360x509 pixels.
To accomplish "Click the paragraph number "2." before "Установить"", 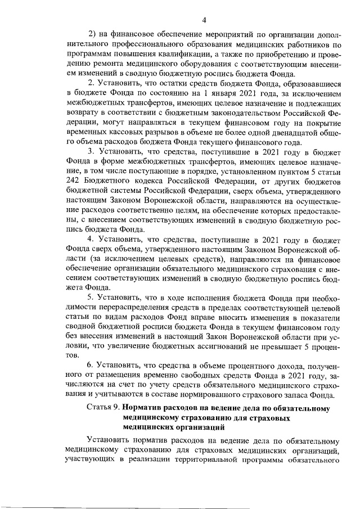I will (91, 84).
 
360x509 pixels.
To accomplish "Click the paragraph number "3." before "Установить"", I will (91, 151).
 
